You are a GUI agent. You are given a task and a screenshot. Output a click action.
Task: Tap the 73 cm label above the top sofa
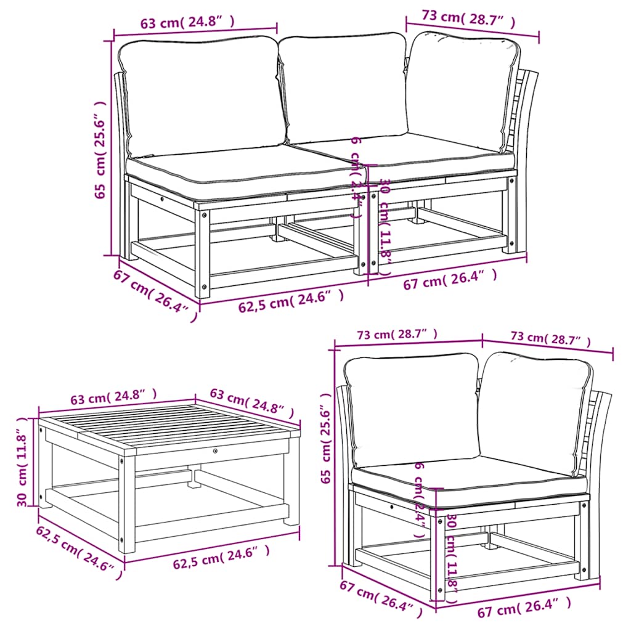pyautogui.click(x=468, y=18)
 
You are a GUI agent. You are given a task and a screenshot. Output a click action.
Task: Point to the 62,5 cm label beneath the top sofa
pyautogui.click(x=290, y=299)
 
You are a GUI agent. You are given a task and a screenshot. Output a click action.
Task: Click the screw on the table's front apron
pyautogui.click(x=215, y=452)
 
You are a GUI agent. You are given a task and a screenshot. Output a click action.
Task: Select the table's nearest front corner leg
pyautogui.click(x=128, y=499)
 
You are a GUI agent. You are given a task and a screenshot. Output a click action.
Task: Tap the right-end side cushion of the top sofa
pyautogui.click(x=462, y=92)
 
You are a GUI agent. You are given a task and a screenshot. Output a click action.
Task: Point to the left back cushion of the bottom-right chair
pyautogui.click(x=411, y=410)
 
